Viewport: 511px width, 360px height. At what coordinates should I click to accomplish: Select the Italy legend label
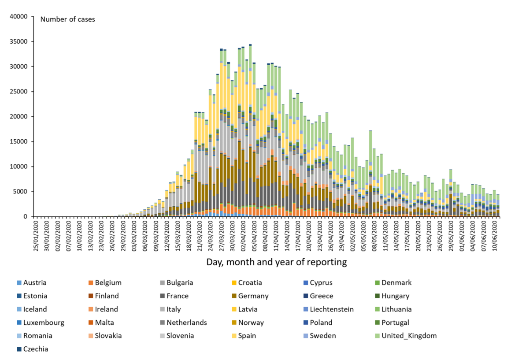(x=244, y=309)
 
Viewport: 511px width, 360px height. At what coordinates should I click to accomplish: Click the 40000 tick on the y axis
(x=18, y=17)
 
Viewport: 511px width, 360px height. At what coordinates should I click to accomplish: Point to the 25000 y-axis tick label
(x=18, y=92)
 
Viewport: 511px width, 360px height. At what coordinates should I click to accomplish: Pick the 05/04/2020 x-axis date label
(x=254, y=235)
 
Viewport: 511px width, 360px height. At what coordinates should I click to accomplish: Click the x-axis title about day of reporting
(x=277, y=262)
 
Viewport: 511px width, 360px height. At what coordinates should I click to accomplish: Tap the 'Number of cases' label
(x=67, y=19)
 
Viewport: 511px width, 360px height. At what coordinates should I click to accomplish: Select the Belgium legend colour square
(x=91, y=283)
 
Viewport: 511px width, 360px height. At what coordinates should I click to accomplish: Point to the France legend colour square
(x=163, y=296)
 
